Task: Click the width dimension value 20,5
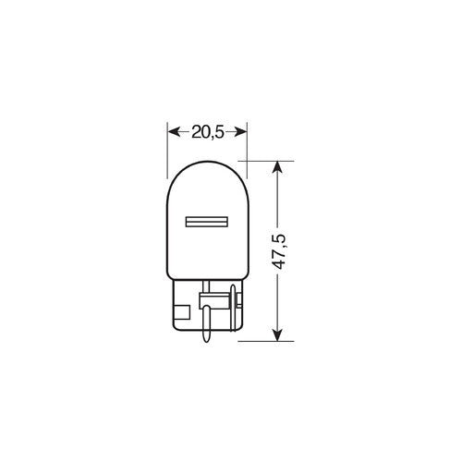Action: pyautogui.click(x=207, y=131)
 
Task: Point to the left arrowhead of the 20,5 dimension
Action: pyautogui.click(x=171, y=131)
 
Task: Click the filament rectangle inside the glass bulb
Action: pyautogui.click(x=207, y=223)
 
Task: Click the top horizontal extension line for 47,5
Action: pyautogui.click(x=268, y=160)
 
